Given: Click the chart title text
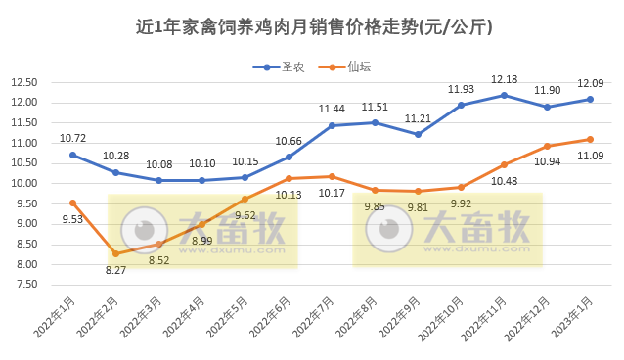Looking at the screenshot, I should [x=312, y=27].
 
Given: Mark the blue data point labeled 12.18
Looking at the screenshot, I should [x=504, y=95].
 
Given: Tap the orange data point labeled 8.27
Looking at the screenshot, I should [x=115, y=254].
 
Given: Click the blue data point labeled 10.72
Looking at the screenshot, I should [x=72, y=155].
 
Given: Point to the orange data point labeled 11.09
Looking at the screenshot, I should [x=590, y=139].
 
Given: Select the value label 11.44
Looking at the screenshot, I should [x=332, y=109].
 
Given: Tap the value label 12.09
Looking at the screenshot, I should [x=590, y=83].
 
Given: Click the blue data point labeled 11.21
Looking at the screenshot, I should [x=418, y=134].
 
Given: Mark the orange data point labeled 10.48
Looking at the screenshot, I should [x=504, y=164].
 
